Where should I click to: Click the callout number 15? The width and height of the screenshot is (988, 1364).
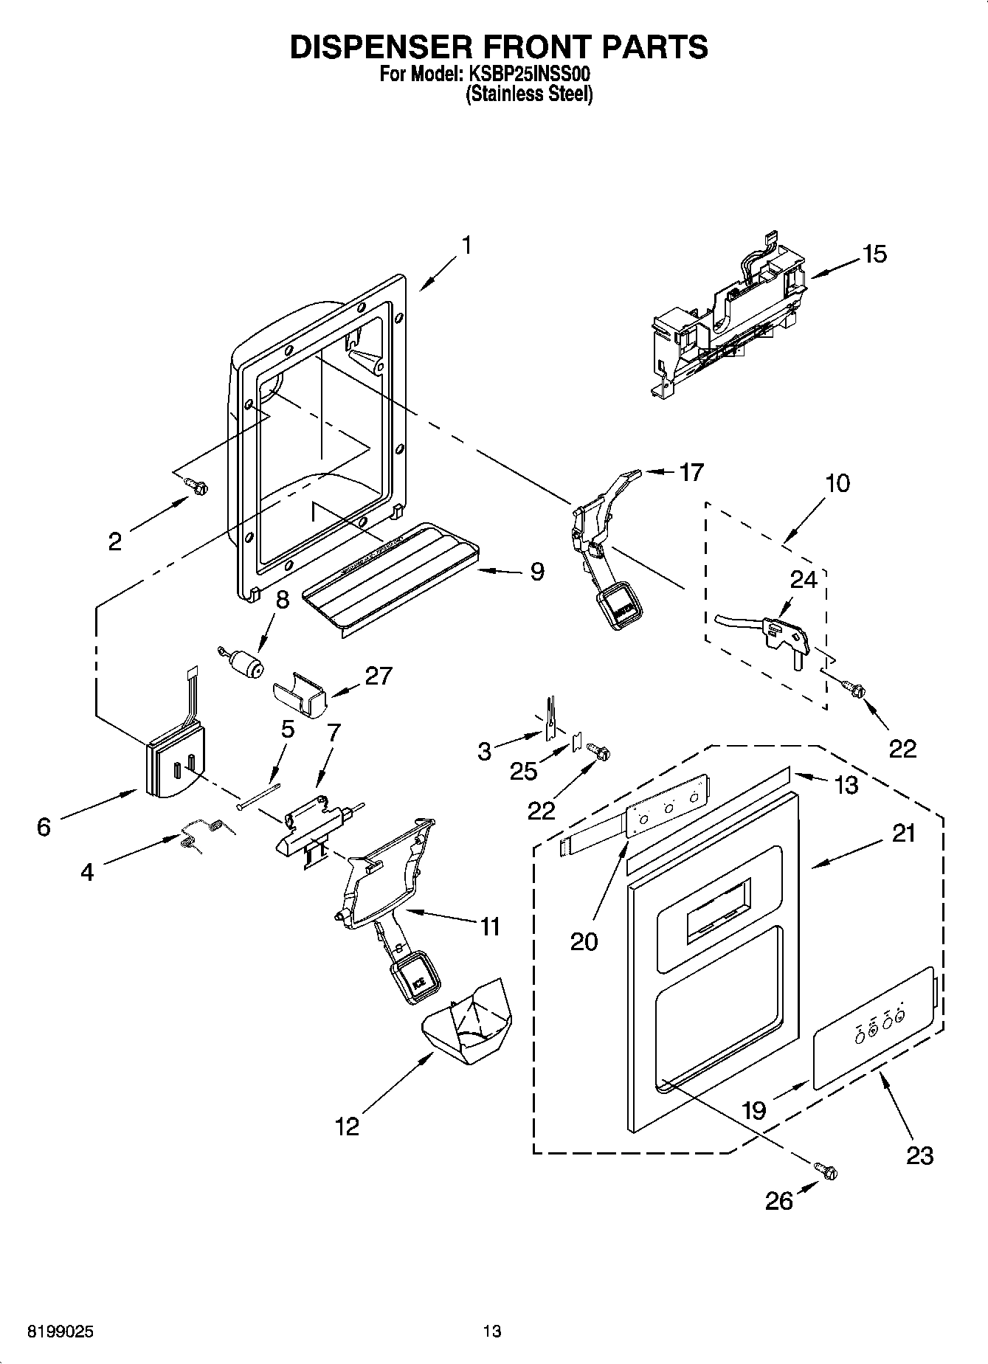coord(874,255)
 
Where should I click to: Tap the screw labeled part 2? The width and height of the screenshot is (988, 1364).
coord(197,485)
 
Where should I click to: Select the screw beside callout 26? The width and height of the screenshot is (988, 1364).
coord(826,1170)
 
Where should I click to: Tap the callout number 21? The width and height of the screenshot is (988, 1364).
coord(903,833)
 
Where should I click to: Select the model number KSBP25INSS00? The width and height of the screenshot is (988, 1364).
coord(529,75)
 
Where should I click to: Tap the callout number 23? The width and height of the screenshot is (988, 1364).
coord(919,1154)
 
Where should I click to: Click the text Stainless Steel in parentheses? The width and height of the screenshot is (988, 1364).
coord(529,94)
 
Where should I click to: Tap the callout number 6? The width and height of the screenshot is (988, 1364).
coord(44,827)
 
